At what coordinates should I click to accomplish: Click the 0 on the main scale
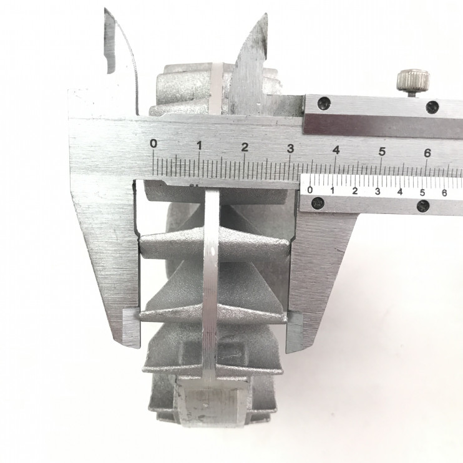click(154, 144)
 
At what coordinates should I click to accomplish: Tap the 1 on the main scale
click(199, 145)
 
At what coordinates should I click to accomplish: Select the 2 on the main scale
click(245, 147)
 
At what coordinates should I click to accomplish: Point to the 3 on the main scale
click(291, 149)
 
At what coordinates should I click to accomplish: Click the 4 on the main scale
click(336, 150)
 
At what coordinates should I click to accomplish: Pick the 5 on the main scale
click(382, 152)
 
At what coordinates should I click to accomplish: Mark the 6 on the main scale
click(427, 153)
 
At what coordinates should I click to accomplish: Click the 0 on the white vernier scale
click(309, 190)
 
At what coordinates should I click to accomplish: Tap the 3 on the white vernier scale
click(378, 192)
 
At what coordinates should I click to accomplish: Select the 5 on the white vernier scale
click(422, 193)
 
